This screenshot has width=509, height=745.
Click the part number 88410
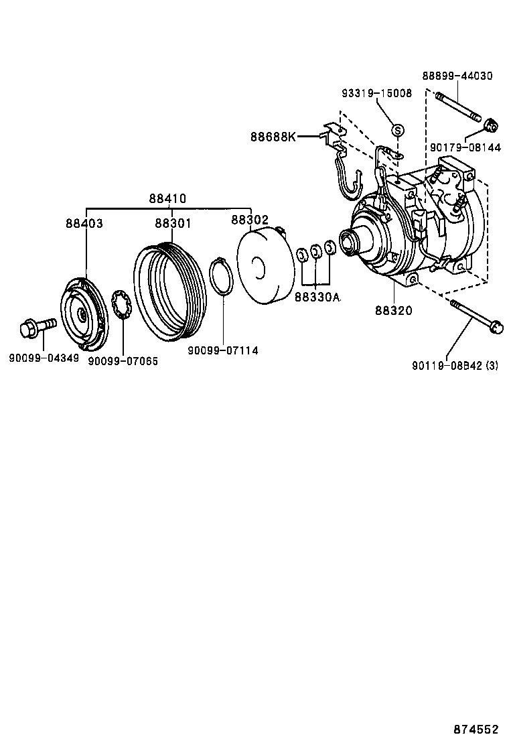[x=167, y=199]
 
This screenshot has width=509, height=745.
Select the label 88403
[x=84, y=223]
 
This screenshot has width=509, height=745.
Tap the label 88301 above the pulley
[x=173, y=223]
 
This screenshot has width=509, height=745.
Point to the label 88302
[x=250, y=219]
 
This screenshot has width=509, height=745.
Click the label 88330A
[x=317, y=296]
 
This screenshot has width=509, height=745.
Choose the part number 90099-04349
[x=44, y=358]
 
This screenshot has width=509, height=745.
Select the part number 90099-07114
[x=222, y=350]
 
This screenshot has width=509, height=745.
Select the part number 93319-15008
[x=377, y=93]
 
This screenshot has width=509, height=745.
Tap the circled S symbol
[x=396, y=130]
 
